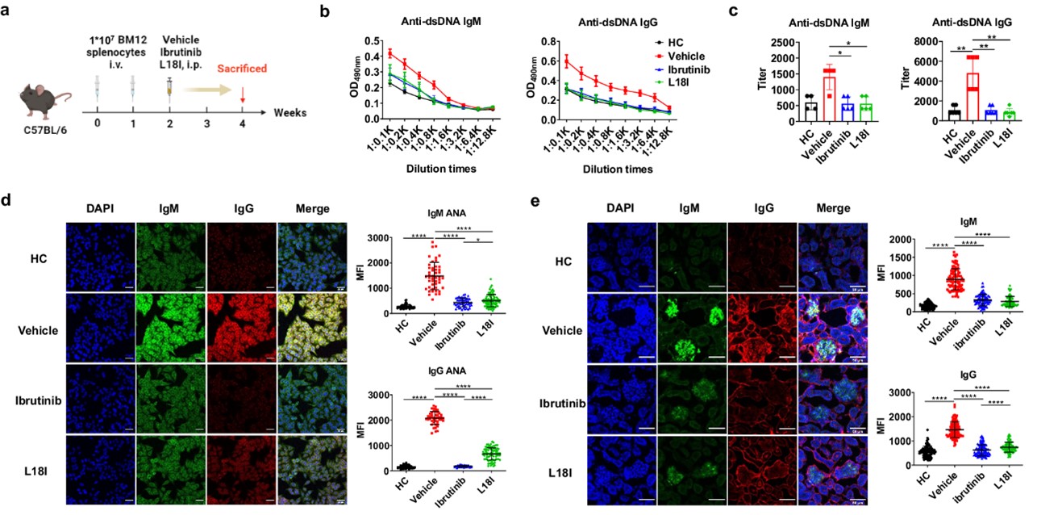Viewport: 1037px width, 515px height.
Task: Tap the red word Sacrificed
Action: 241,69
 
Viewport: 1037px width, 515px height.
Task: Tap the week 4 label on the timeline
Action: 243,125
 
